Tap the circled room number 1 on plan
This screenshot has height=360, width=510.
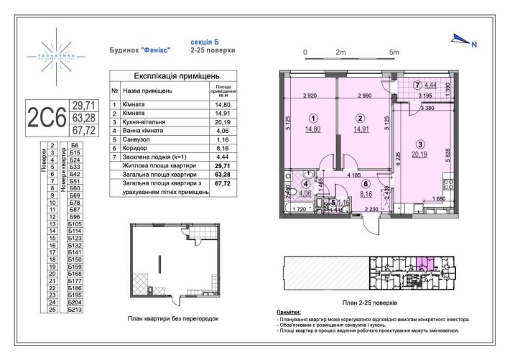point(312,119)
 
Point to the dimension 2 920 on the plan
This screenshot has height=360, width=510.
point(310,96)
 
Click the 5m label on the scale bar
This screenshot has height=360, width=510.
point(394,52)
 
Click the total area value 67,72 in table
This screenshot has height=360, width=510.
point(223,188)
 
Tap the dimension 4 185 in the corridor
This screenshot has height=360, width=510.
point(350,175)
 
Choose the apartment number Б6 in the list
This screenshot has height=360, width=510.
point(74,146)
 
